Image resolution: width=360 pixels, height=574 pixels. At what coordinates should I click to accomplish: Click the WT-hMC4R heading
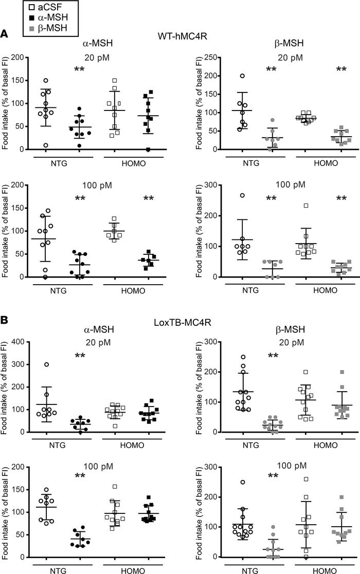[x=181, y=34]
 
